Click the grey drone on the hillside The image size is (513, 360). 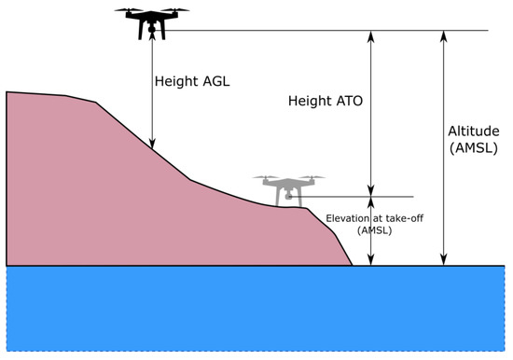pyautogui.click(x=288, y=187)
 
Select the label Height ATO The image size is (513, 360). pyautogui.click(x=325, y=99)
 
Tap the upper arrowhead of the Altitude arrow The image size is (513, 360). pyautogui.click(x=444, y=35)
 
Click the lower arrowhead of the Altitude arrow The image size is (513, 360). pyautogui.click(x=444, y=260)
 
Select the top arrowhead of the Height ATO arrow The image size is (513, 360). pyautogui.click(x=371, y=35)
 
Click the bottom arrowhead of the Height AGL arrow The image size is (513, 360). pyautogui.click(x=154, y=144)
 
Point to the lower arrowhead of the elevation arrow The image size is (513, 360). pyautogui.click(x=371, y=260)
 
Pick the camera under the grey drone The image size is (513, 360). pyautogui.click(x=288, y=197)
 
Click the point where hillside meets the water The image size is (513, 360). pyautogui.click(x=353, y=266)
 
